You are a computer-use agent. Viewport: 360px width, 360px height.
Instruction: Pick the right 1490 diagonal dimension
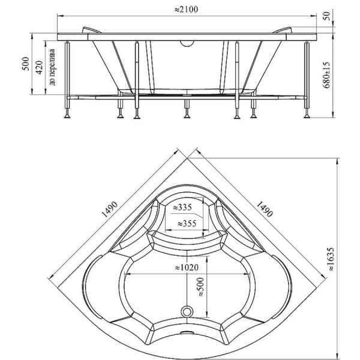[264, 206]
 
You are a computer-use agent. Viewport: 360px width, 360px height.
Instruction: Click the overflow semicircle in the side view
[188, 42]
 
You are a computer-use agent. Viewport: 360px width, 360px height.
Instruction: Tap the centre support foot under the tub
[187, 109]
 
